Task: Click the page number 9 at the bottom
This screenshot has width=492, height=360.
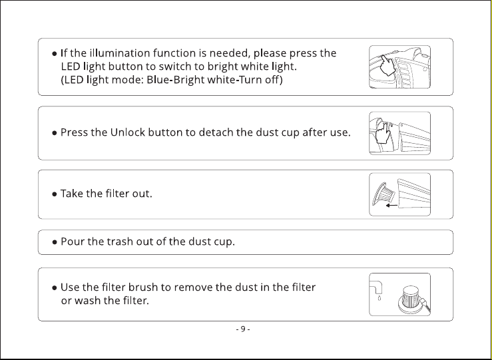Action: click(243, 329)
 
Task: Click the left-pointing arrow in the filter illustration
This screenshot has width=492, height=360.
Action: click(391, 206)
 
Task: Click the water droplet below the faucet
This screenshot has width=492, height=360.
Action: click(379, 298)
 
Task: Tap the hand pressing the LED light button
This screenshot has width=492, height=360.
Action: click(387, 65)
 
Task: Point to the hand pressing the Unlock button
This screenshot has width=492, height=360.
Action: click(382, 132)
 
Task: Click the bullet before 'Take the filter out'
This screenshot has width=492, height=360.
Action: click(55, 194)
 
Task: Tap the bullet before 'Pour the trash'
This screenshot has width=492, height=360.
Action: click(55, 242)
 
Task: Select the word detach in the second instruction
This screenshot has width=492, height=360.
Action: click(216, 132)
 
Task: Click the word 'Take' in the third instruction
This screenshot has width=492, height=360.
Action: click(71, 194)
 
